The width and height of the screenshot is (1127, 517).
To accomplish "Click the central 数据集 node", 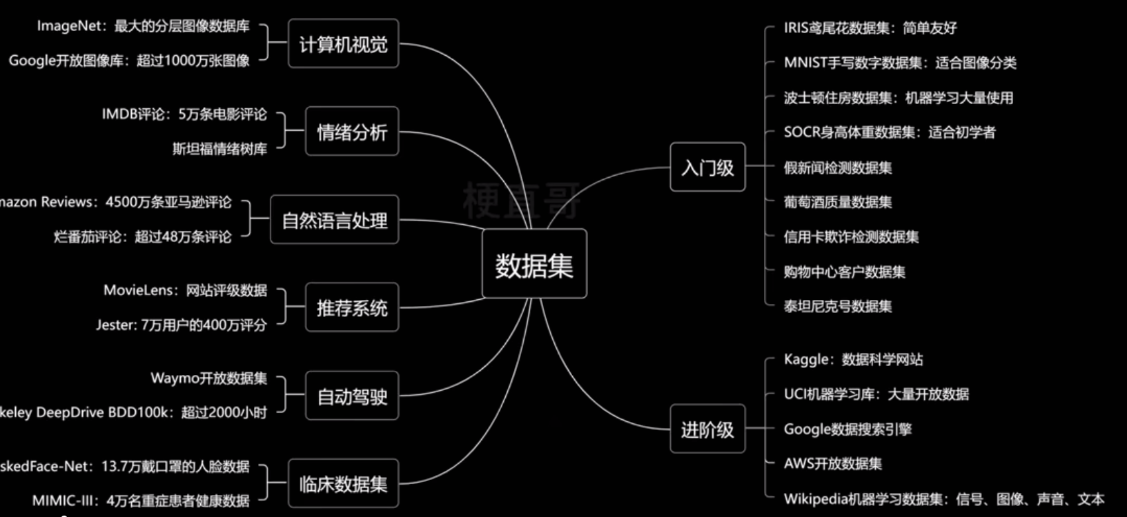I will tap(534, 264).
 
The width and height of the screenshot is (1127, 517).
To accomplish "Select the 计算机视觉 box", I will tap(343, 44).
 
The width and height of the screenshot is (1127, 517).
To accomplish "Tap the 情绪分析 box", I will tap(352, 132).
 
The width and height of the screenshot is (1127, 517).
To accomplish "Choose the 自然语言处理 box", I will tap(335, 220).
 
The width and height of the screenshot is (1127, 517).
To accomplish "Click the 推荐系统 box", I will tap(352, 307).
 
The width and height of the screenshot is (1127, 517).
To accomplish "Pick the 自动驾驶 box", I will tap(352, 396).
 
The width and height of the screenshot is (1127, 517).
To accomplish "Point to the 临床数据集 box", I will tap(343, 484).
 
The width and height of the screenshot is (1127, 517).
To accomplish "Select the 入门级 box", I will tap(707, 167).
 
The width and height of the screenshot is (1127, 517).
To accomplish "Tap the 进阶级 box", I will tap(707, 429).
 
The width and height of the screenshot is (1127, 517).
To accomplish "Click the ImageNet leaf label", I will tap(143, 26).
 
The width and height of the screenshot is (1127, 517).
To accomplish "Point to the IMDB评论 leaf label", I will tap(184, 114).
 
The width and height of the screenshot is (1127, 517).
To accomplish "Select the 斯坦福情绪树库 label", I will tap(219, 149).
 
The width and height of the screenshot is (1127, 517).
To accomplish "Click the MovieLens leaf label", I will tap(185, 290).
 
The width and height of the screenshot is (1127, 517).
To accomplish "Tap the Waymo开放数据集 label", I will tap(208, 378).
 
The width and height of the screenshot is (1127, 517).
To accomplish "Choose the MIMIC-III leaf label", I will tap(141, 500).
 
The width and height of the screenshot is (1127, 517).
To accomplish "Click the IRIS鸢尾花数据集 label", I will tap(870, 28).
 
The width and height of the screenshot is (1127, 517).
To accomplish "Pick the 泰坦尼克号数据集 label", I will tap(837, 306).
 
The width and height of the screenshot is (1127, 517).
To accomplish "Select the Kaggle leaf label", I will tap(853, 359).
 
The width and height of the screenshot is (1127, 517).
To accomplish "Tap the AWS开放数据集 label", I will tap(832, 464).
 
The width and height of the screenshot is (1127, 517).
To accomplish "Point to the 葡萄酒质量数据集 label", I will tap(837, 202).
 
